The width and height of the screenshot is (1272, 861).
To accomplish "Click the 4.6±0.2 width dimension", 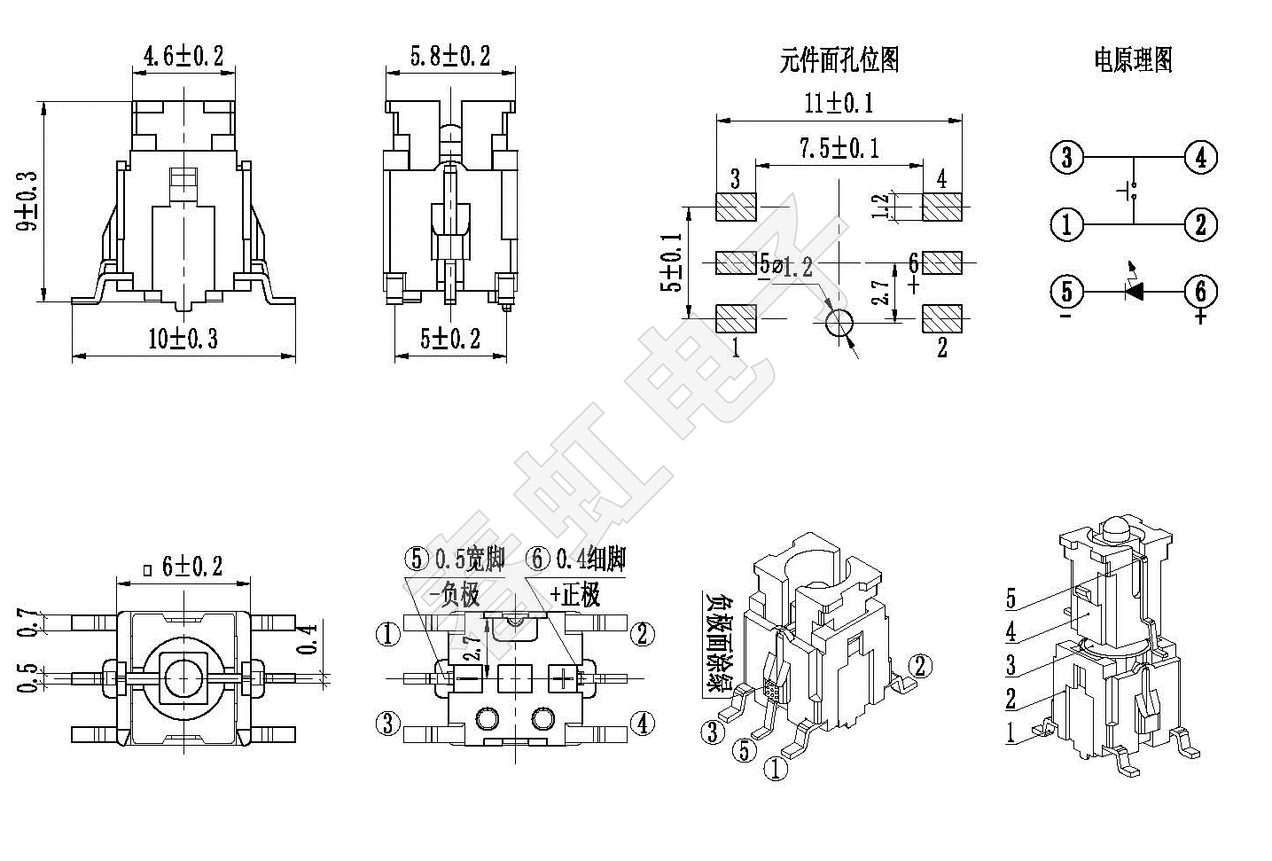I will point(183,57).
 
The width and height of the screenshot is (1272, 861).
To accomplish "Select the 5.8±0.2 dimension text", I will point(449,57).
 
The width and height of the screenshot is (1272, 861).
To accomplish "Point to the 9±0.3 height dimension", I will point(28,201).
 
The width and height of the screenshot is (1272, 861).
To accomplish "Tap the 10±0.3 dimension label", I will point(183,338).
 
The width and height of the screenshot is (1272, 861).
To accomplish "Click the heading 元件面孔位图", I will point(839,59).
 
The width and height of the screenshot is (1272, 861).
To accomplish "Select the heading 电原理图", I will point(1133,59).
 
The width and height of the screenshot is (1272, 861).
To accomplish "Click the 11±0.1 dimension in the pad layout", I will point(839,103).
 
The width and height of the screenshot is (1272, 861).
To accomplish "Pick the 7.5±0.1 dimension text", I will point(839,147).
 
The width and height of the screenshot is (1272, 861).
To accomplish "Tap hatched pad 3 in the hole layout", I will point(735,207).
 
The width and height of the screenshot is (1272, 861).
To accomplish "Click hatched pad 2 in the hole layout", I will point(941,318).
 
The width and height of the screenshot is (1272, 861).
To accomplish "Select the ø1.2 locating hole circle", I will point(838,325).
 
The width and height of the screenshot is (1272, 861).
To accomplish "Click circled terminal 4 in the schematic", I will point(1200,158).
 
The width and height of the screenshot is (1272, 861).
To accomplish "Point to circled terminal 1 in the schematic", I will point(1066,223).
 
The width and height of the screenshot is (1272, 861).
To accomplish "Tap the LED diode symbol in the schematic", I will point(1133,290).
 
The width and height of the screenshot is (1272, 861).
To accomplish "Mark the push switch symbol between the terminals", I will point(1131,190).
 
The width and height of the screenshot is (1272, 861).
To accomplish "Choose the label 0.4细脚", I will point(590,559).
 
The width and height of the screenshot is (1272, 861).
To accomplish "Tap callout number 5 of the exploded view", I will point(1011,599).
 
